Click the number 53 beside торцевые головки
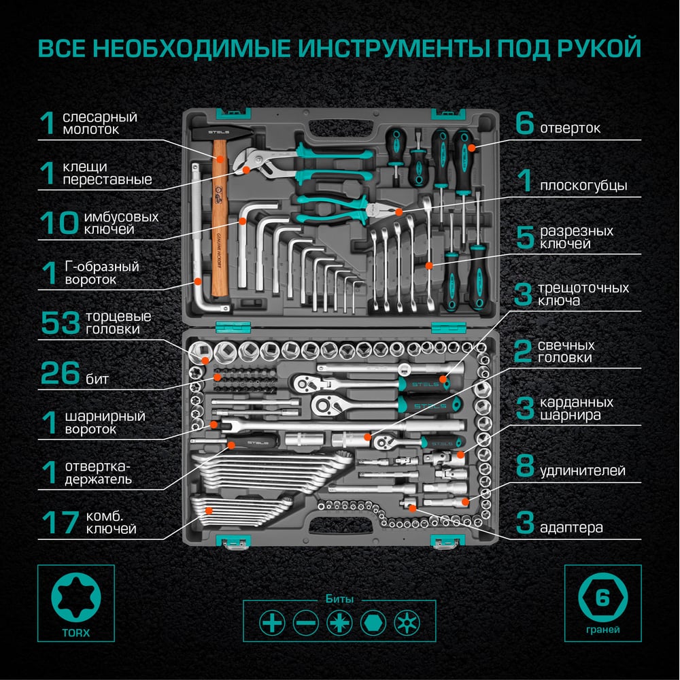click(61, 323)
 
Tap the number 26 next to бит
click(61, 373)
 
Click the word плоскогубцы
click(583, 186)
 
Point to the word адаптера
click(571, 528)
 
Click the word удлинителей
click(583, 470)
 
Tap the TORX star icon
click(76, 597)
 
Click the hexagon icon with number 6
click(602, 597)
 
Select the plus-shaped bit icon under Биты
click(272, 623)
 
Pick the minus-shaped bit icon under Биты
click(306, 623)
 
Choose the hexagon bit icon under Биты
click(373, 623)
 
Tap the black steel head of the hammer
click(222, 133)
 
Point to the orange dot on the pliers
click(398, 212)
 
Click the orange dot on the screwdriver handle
click(471, 148)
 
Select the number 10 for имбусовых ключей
click(59, 223)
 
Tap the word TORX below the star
click(76, 632)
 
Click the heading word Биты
click(339, 599)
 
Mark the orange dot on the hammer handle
click(220, 159)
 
